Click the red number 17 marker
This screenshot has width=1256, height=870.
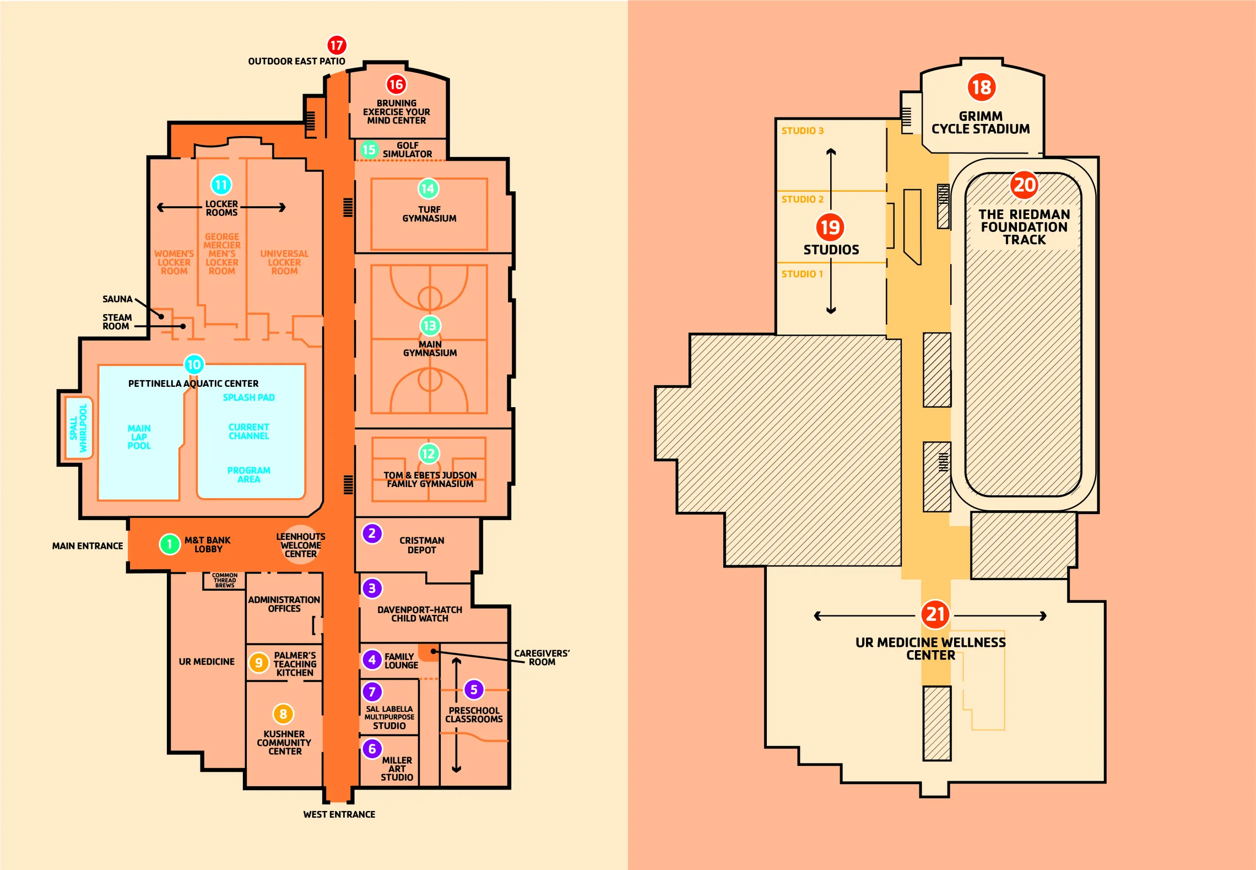(x=337, y=45)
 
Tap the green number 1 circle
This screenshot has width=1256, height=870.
(x=170, y=544)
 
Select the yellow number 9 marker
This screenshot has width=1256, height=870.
(x=258, y=663)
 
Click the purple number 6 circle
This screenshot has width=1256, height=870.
(x=372, y=749)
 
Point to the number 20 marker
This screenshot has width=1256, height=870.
(x=1024, y=185)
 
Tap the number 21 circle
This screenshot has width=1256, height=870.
(x=935, y=614)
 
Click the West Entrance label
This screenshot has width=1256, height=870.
(x=339, y=814)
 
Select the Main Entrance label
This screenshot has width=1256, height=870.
(x=88, y=546)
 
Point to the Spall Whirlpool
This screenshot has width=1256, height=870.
(x=78, y=428)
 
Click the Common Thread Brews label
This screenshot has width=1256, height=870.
(x=225, y=580)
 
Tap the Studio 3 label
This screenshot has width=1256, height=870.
(x=802, y=131)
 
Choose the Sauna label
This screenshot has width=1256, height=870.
(x=117, y=299)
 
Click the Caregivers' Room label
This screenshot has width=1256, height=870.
(x=542, y=657)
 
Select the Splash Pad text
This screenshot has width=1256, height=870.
(x=248, y=397)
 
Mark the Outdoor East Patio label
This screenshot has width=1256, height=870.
(x=296, y=61)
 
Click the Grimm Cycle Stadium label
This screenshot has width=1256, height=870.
(x=981, y=122)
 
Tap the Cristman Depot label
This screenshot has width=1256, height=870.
(x=421, y=545)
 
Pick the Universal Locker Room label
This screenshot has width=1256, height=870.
(x=284, y=262)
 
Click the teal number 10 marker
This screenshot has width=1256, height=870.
(x=194, y=364)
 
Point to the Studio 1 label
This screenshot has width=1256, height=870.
(x=802, y=274)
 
